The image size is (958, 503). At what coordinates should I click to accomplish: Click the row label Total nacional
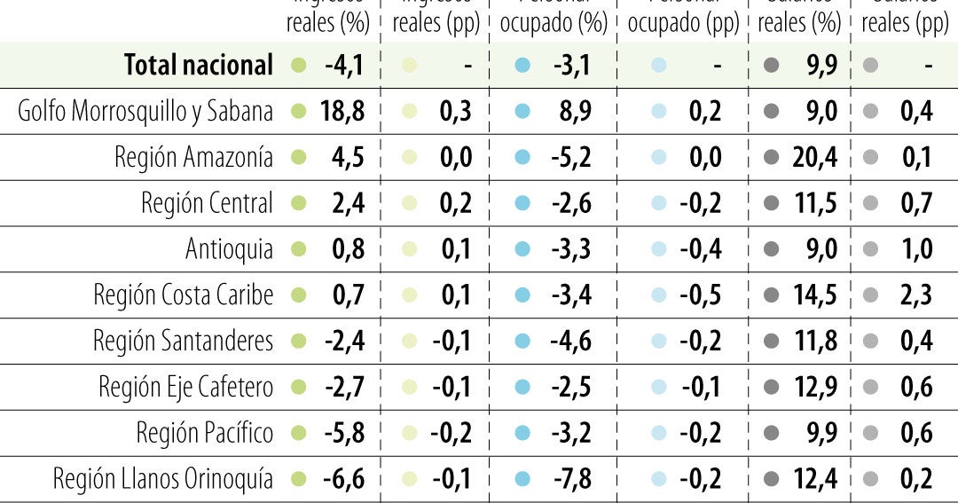(x=199, y=65)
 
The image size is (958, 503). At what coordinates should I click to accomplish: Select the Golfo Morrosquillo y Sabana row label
(x=145, y=111)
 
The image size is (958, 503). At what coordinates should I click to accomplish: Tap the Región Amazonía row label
(x=193, y=157)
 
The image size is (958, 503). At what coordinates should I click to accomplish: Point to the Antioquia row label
(x=229, y=249)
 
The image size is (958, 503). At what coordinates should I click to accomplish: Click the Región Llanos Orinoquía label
(x=163, y=479)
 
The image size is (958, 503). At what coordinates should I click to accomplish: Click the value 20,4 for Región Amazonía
(x=814, y=157)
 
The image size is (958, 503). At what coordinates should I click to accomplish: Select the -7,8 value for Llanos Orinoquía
(x=570, y=479)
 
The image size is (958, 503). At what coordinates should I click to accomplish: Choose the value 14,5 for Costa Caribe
(x=814, y=295)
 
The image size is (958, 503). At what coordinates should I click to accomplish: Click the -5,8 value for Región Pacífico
(x=342, y=433)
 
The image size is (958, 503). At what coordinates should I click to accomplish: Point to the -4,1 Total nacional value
(x=342, y=65)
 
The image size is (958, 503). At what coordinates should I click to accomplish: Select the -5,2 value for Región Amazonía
(x=570, y=157)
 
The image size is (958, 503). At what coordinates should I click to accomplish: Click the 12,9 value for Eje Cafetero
(x=814, y=387)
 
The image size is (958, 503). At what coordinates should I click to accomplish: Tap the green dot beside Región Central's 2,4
(x=299, y=203)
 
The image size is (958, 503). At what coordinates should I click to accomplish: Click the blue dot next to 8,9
(x=522, y=111)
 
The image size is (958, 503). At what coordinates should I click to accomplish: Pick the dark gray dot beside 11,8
(x=772, y=341)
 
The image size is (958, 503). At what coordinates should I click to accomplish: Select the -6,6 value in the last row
(x=342, y=479)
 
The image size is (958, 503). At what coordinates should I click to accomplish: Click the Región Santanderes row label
(x=183, y=341)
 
